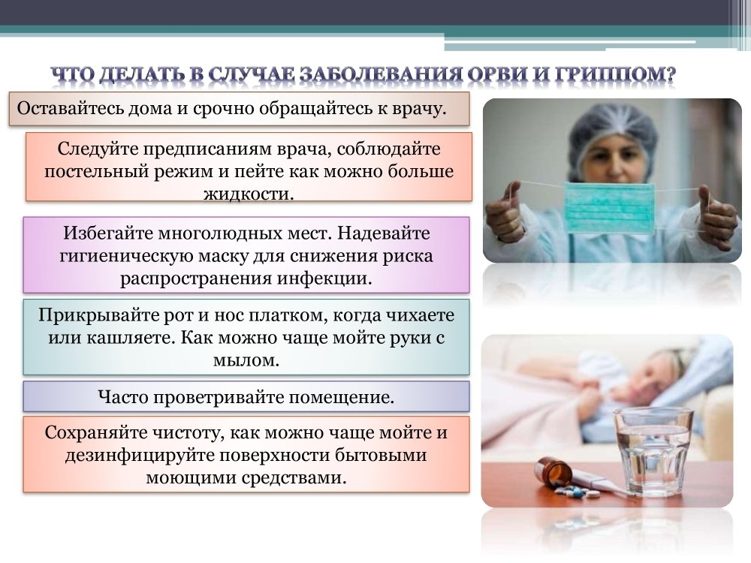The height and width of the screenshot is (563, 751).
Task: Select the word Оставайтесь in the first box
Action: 71,108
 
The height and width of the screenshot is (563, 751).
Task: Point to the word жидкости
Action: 249,194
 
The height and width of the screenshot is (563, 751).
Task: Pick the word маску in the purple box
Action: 222,256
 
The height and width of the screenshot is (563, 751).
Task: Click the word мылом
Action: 246,360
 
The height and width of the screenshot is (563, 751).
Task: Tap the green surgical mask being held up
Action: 609,208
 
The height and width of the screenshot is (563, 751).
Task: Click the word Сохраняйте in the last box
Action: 95,432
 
